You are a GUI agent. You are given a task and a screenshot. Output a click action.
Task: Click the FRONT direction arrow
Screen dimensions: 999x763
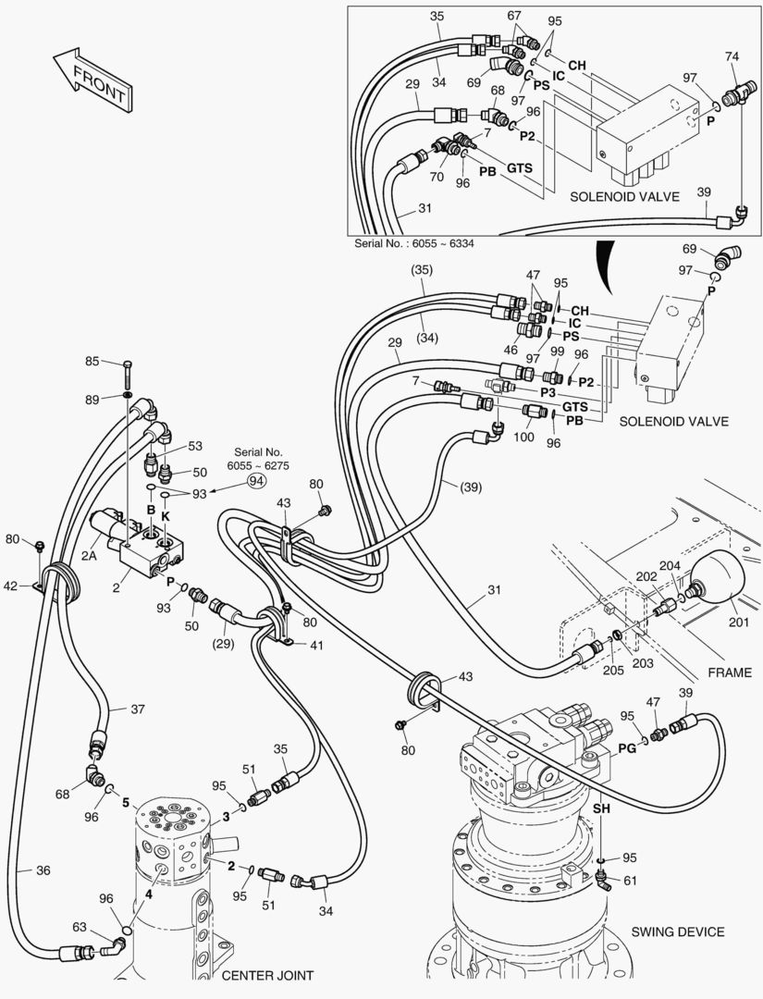pyautogui.click(x=91, y=80)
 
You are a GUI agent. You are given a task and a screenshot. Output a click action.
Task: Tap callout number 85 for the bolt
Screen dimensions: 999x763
pyautogui.click(x=92, y=361)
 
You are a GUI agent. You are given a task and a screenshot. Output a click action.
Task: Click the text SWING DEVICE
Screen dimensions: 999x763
pyautogui.click(x=678, y=931)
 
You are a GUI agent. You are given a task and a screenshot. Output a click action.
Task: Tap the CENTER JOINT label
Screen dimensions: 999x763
pyautogui.click(x=267, y=975)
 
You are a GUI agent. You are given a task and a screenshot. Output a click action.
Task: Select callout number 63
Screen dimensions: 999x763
pyautogui.click(x=80, y=928)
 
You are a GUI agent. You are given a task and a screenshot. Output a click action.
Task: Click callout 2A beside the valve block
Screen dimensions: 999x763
pyautogui.click(x=89, y=555)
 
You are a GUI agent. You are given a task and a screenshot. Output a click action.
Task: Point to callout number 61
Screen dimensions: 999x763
pyautogui.click(x=631, y=880)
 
